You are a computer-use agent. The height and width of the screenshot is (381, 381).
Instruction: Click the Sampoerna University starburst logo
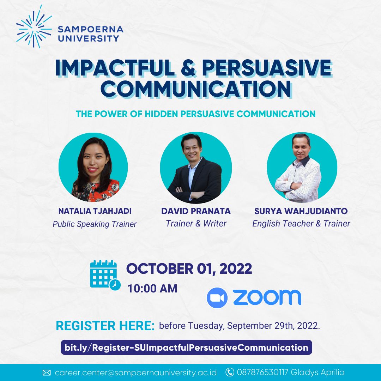[x=34, y=27]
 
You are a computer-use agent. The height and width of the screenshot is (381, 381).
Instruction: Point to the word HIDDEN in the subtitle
[x=161, y=114]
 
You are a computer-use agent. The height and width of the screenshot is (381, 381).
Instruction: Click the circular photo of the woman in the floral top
[x=93, y=167]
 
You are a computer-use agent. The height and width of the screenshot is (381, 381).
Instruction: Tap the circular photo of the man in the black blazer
[x=195, y=168]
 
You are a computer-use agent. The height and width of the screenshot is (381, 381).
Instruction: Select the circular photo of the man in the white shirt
[x=302, y=168]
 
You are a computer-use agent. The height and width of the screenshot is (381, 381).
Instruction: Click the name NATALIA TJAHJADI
[x=95, y=211]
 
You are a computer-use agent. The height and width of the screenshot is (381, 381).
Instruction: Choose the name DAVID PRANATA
[x=196, y=211]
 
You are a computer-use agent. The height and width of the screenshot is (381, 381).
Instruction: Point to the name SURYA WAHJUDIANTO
[x=301, y=211]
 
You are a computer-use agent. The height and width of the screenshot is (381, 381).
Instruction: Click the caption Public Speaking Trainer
[x=95, y=224]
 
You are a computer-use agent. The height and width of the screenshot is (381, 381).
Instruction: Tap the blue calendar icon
[x=105, y=275]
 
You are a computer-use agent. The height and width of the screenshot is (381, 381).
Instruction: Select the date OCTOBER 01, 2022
[x=189, y=268]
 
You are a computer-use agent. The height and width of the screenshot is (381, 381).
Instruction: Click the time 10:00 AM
[x=152, y=289]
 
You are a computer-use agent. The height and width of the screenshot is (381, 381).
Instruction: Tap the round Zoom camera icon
[x=217, y=298]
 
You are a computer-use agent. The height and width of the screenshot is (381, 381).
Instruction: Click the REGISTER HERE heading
[x=105, y=326]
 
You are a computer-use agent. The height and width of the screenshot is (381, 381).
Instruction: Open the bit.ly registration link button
[x=186, y=347]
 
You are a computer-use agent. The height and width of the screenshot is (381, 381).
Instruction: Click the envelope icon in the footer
[x=47, y=373]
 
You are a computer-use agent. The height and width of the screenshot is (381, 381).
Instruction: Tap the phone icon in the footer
[x=230, y=372]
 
